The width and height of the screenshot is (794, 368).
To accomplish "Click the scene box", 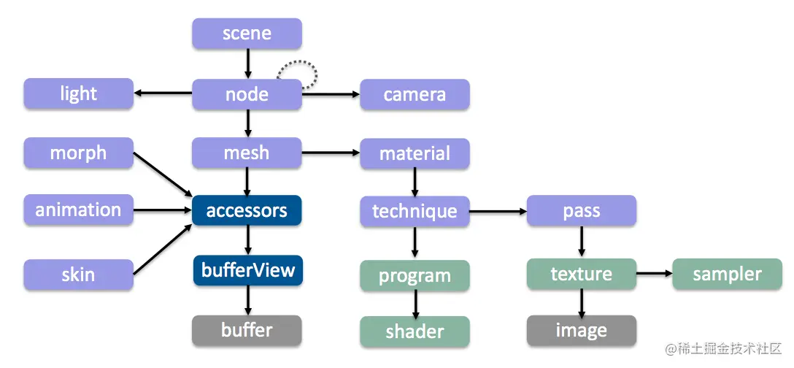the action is tap(247, 34).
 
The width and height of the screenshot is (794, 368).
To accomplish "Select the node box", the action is tap(247, 94).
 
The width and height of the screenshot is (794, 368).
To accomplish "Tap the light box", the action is tap(79, 93).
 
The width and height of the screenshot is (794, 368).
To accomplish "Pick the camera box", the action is tap(415, 95).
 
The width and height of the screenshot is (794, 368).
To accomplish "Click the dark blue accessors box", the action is tap(247, 211).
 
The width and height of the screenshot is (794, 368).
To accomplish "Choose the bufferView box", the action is tap(247, 270).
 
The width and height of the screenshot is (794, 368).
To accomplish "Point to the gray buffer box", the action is tap(247, 331).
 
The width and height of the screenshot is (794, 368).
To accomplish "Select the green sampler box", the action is tap(727, 275).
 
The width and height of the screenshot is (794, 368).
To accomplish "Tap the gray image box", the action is tap(582, 331).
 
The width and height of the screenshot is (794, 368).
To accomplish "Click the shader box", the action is tap(415, 331).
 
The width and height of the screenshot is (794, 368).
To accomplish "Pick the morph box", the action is tap(79, 153).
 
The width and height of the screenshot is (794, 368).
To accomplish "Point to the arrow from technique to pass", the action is tap(498, 211).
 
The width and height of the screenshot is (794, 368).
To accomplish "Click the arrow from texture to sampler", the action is tap(654, 274).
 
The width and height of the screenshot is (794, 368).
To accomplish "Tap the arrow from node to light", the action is tap(163, 93).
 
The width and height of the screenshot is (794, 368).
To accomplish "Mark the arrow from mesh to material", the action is tap(331, 152).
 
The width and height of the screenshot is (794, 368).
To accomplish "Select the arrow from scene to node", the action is tap(247, 64).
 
